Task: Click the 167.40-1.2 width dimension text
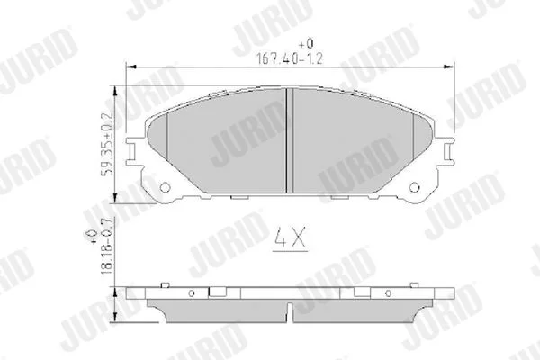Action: click(290, 58)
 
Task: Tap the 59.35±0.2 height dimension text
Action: click(107, 143)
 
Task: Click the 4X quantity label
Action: click(290, 238)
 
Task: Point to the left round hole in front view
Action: click(166, 187)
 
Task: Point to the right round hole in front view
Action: click(414, 187)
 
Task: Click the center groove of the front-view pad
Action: click(290, 140)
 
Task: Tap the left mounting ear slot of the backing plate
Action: click(131, 151)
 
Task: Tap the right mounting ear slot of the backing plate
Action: click(448, 151)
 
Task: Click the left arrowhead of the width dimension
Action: click(130, 66)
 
